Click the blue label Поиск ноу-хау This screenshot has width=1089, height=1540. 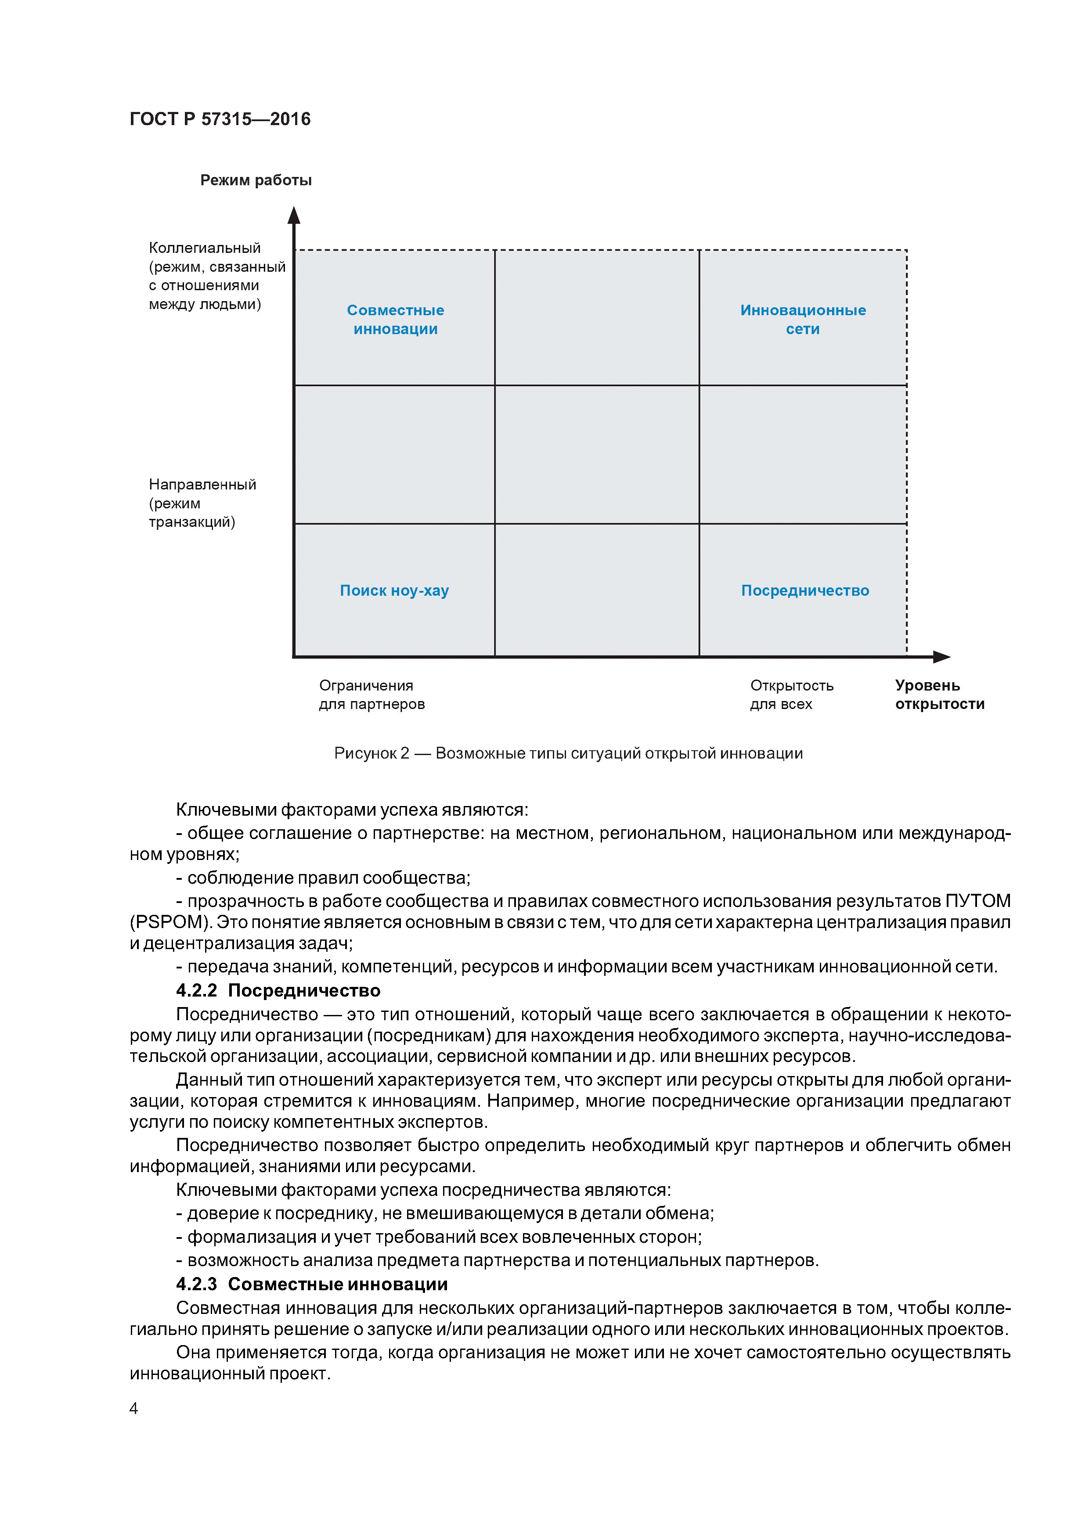click(x=394, y=590)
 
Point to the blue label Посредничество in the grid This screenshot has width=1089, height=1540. click(x=804, y=590)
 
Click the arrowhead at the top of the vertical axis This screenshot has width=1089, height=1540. click(x=294, y=215)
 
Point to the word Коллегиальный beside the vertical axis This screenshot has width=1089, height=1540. click(x=205, y=248)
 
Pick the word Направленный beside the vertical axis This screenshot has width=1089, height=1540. click(x=202, y=484)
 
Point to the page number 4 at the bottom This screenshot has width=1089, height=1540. click(x=133, y=1408)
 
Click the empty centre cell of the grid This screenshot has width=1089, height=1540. click(x=596, y=454)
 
